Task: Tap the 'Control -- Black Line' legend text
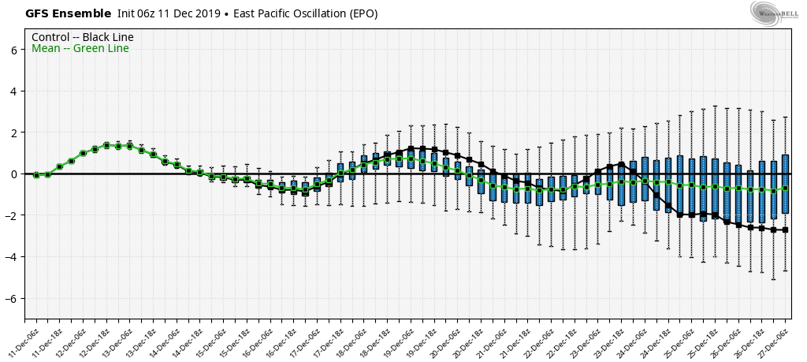click(83, 37)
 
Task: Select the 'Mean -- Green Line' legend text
click(80, 49)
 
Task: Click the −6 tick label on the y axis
click(12, 298)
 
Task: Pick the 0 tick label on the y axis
click(15, 174)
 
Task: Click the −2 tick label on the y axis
click(12, 215)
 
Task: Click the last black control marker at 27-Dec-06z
click(786, 230)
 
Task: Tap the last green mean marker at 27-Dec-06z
click(786, 188)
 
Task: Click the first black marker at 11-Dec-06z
click(36, 174)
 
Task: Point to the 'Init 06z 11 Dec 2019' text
click(164, 13)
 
